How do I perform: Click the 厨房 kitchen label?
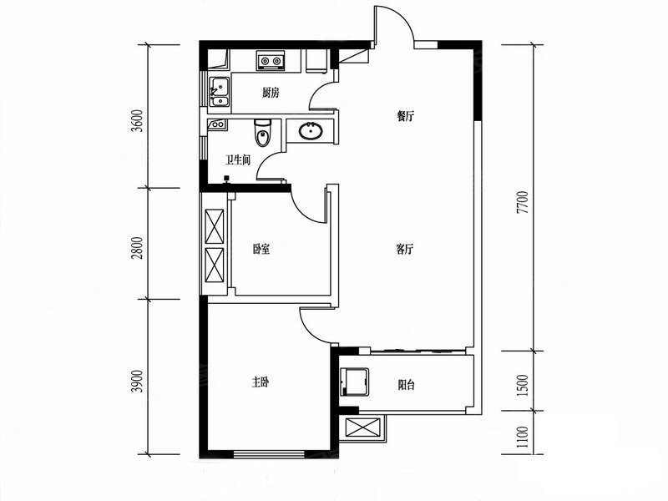click(271, 93)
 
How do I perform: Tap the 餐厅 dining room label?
click(405, 116)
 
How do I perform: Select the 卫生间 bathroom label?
click(238, 160)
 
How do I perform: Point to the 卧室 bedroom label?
click(261, 249)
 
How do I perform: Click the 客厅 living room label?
click(405, 249)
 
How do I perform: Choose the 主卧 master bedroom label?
click(261, 382)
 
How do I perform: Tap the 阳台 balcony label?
click(406, 385)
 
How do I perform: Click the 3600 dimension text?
click(137, 121)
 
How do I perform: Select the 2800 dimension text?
click(137, 248)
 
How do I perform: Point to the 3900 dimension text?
click(137, 382)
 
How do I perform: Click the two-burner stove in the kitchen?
click(271, 60)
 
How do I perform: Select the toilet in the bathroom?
click(262, 133)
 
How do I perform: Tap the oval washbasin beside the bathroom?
click(311, 131)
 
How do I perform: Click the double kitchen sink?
click(220, 92)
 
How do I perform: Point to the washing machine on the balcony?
click(354, 382)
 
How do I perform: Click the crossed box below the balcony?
click(362, 428)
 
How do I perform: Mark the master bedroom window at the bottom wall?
click(269, 453)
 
